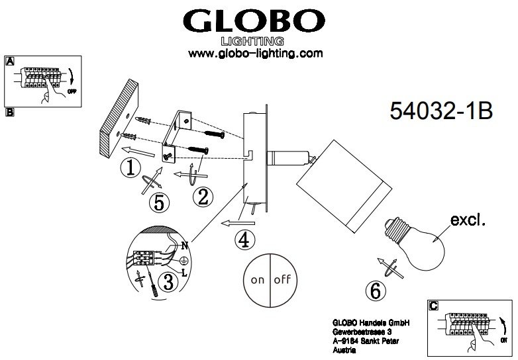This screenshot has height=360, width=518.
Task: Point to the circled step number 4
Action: click(x=244, y=241)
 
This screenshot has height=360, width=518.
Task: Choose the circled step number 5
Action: click(x=158, y=203)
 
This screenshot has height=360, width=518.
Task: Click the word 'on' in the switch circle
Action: click(x=257, y=279)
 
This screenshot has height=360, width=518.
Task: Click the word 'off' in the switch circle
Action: click(x=284, y=279)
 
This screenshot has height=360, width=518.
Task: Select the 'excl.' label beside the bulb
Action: click(x=468, y=220)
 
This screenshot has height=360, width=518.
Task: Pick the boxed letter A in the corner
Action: click(x=10, y=62)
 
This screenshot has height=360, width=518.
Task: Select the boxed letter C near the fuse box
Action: click(x=433, y=305)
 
